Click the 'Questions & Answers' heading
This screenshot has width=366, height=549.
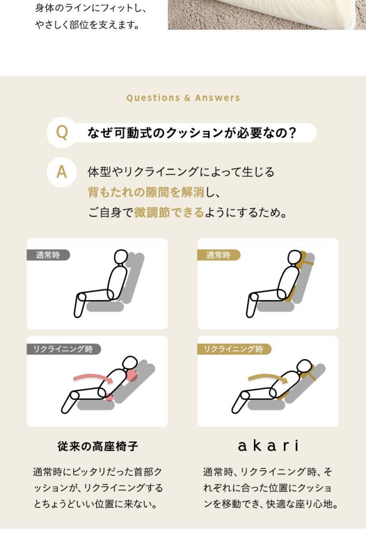coord(183,98)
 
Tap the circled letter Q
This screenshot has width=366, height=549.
coord(62,133)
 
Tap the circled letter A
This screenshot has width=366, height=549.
coord(62,172)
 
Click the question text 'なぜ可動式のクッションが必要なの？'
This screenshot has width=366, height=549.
coord(192,133)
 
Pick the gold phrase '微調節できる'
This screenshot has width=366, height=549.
coord(169,213)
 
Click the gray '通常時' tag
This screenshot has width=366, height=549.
coord(48,255)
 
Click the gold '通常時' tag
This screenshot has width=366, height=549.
coord(218,255)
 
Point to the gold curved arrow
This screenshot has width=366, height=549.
coord(265,377)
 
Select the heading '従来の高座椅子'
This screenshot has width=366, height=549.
coord(98,445)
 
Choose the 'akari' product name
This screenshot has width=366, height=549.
coord(268,445)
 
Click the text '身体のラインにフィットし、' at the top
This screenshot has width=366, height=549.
coord(91,8)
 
